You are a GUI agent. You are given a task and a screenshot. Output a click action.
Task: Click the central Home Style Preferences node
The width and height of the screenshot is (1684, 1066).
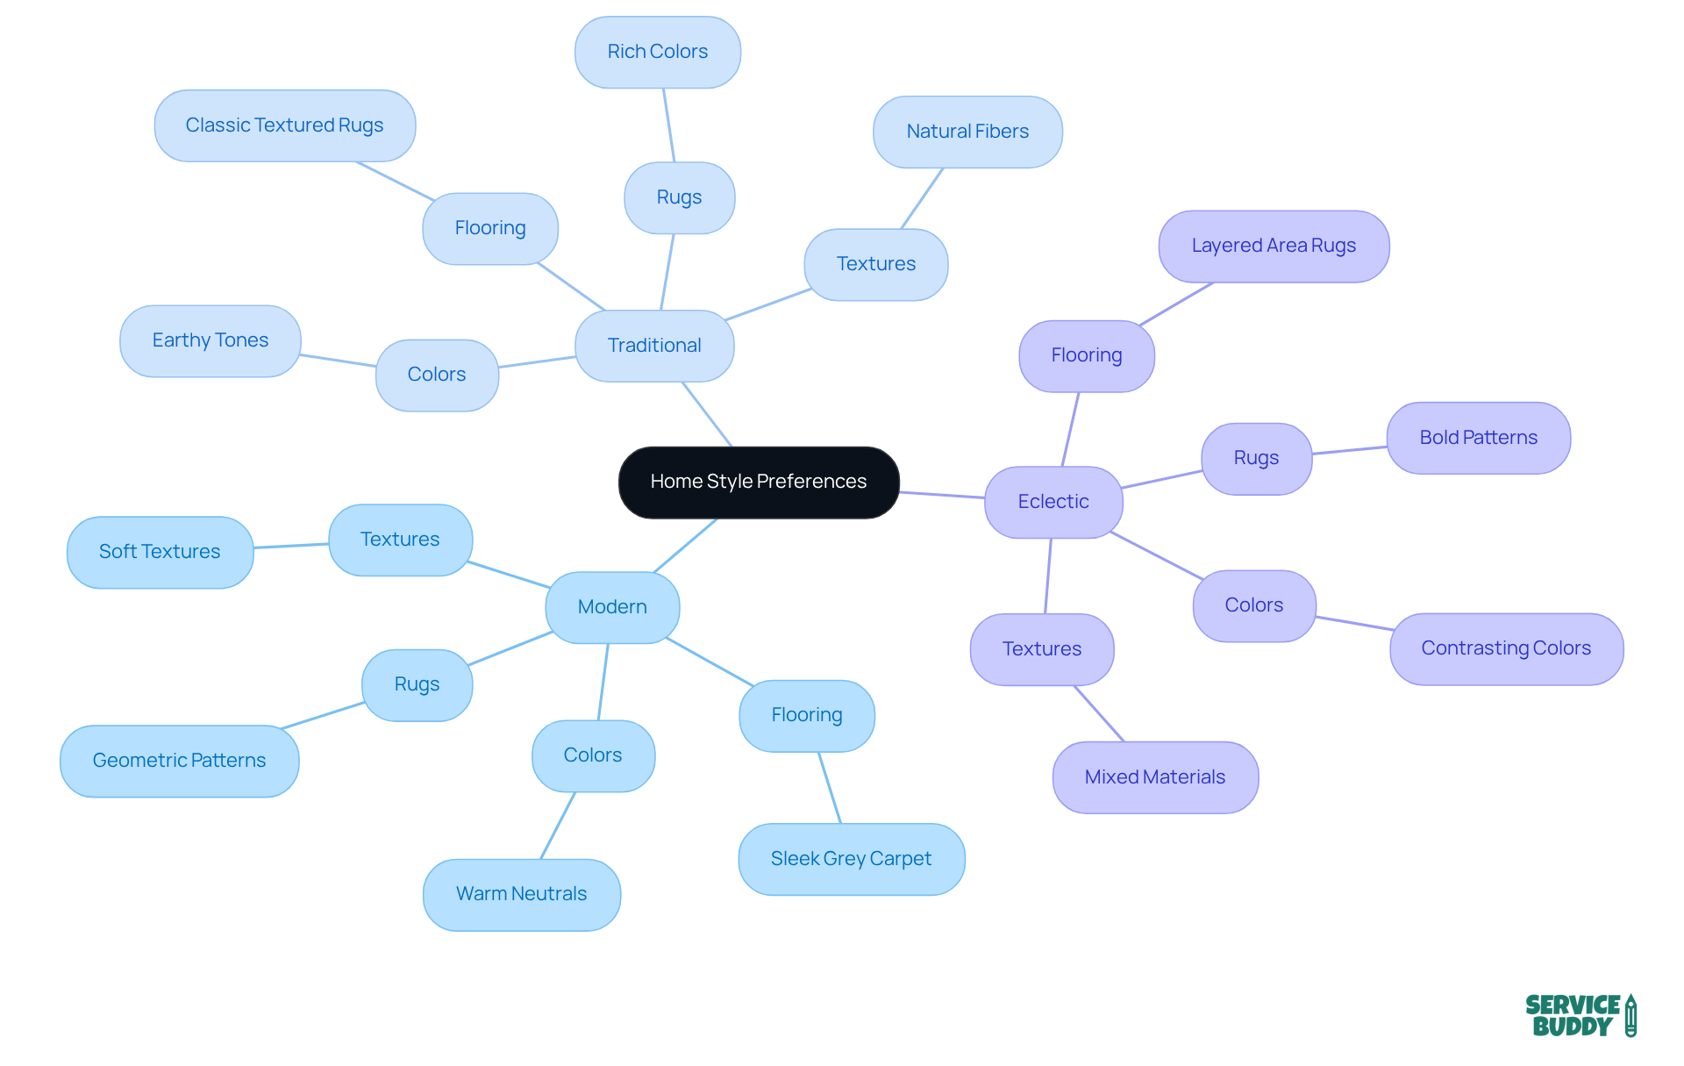point(759,482)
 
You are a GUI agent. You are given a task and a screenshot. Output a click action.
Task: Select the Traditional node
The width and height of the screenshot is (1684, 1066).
point(654,346)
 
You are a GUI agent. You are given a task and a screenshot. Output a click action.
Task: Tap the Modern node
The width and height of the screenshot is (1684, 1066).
point(612,607)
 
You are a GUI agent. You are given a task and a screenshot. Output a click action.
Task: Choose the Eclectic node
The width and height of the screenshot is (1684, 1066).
point(1053,502)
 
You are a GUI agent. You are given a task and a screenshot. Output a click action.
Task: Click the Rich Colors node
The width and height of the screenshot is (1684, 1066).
point(658,52)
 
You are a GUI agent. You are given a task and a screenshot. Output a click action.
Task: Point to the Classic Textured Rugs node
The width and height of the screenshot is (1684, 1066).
point(285,125)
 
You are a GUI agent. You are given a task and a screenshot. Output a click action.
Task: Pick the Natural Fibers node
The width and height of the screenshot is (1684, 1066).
point(967,132)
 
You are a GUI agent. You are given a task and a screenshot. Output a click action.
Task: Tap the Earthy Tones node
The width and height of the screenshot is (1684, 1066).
point(210,340)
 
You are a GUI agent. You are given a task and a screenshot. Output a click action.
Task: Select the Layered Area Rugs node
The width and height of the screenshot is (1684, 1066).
point(1274,246)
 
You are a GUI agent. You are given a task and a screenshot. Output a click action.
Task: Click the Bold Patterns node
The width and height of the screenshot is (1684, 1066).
point(1478,438)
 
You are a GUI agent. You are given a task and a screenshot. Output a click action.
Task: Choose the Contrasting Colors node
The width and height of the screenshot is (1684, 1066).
point(1506,648)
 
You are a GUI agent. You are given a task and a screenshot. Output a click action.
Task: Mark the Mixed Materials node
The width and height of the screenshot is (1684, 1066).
point(1155,777)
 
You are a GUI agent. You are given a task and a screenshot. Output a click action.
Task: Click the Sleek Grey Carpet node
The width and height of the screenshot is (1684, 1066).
point(851,859)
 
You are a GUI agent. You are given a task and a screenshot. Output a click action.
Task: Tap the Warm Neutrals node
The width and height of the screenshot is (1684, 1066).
point(522,894)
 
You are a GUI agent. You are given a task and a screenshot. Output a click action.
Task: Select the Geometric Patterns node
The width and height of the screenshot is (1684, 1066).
point(179,761)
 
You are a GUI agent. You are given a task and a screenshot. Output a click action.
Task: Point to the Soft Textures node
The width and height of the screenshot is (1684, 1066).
point(160,552)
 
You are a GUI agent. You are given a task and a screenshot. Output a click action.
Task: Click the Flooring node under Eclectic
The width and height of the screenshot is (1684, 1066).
point(1087,355)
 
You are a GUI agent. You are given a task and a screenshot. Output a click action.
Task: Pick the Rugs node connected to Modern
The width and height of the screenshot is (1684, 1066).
point(417,684)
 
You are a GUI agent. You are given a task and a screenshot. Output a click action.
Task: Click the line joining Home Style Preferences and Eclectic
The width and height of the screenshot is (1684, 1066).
point(942,495)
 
